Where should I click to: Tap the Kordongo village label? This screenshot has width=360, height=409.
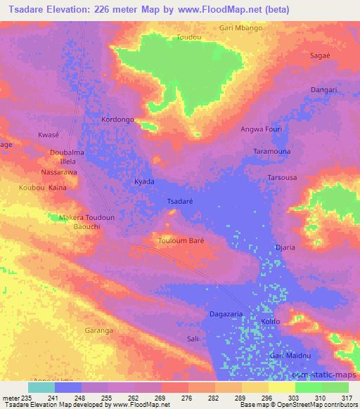(117, 120)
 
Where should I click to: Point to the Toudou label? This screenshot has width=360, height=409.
(189, 37)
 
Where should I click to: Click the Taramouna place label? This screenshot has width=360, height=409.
(272, 151)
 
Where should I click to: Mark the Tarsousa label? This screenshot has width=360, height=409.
(282, 178)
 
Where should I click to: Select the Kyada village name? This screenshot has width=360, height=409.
(144, 181)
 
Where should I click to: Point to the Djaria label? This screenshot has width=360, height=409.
(285, 247)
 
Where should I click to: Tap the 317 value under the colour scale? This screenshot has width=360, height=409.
(347, 398)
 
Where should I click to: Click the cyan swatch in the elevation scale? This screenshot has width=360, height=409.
(41, 387)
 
